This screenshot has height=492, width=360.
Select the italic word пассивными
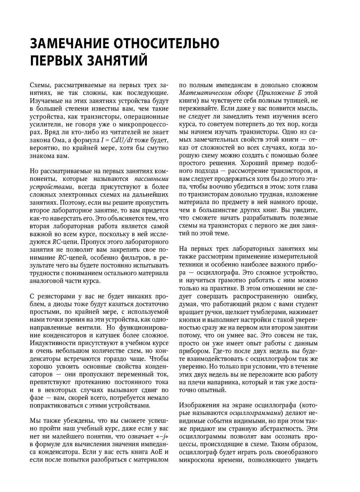click(151, 179)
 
